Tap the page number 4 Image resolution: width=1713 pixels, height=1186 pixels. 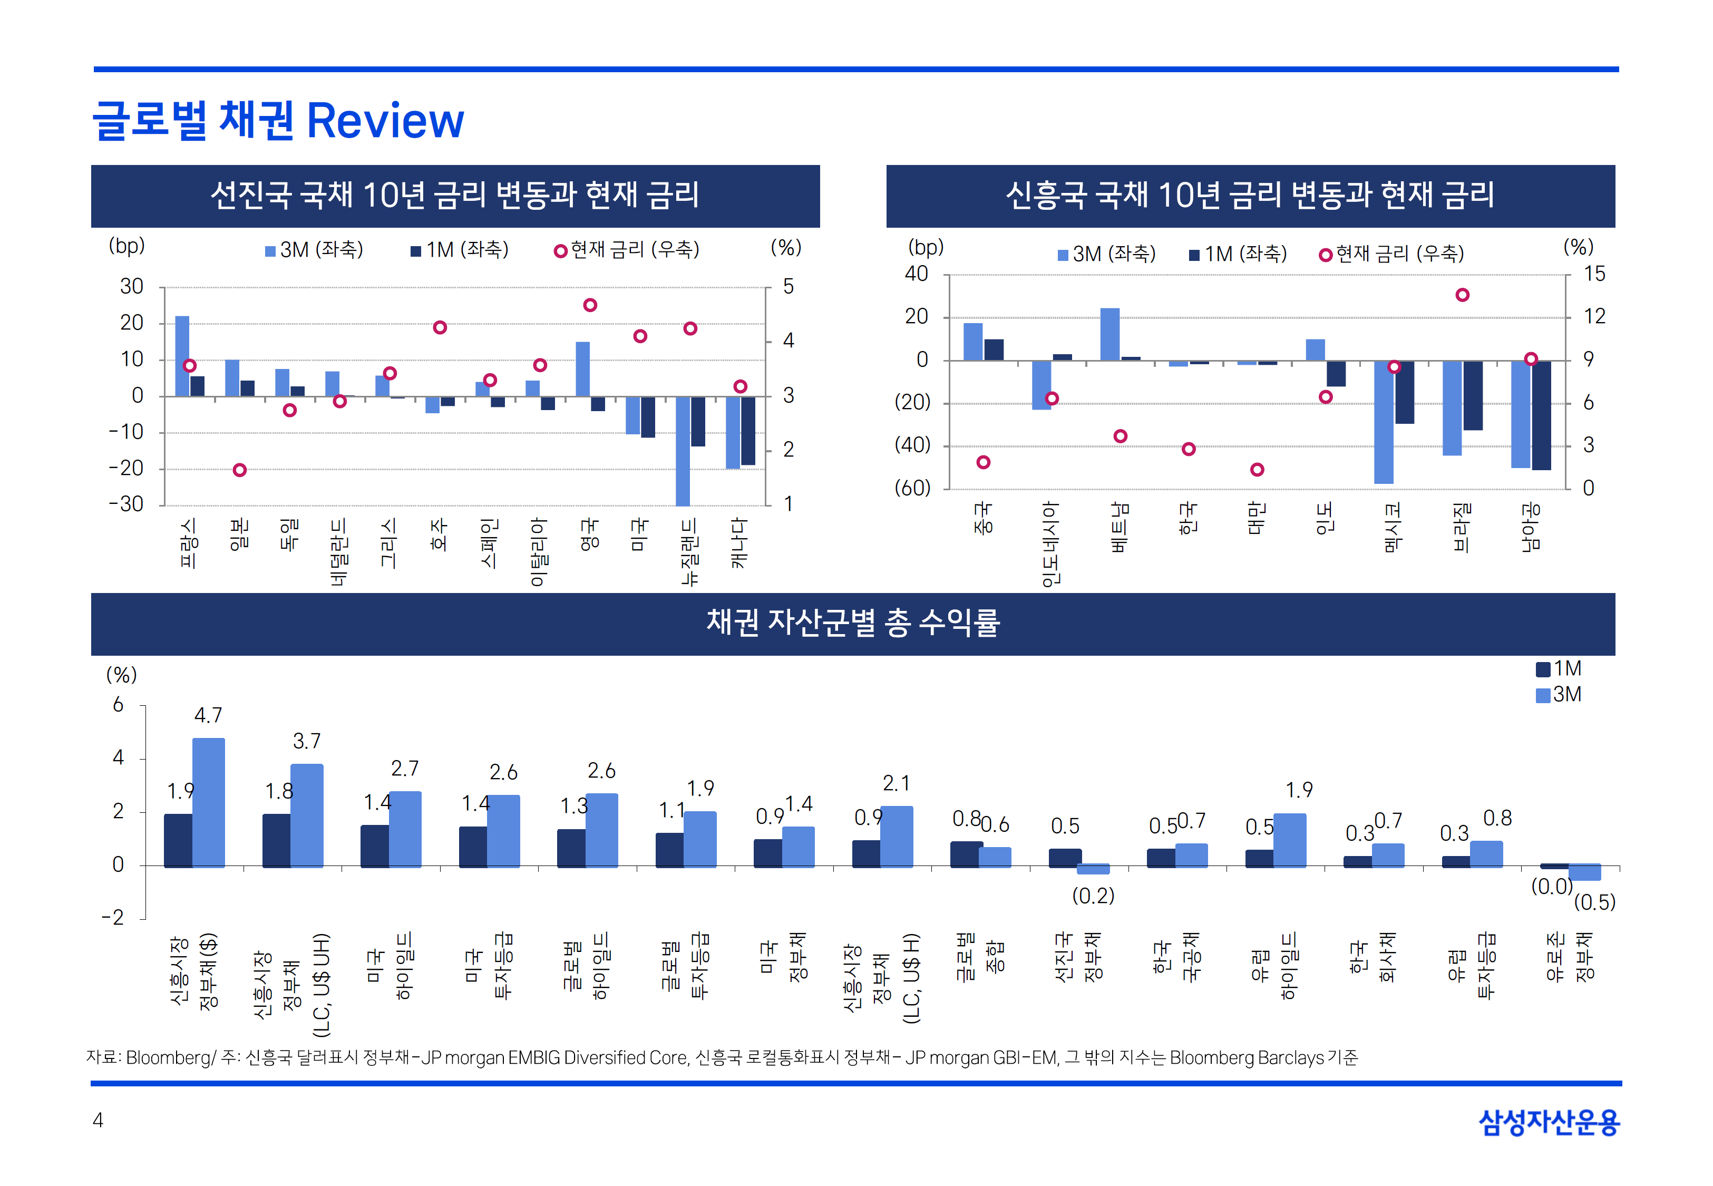pyautogui.click(x=98, y=1121)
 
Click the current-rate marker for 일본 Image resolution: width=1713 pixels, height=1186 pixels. pyautogui.click(x=239, y=470)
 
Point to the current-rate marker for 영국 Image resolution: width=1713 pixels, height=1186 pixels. pyautogui.click(x=590, y=305)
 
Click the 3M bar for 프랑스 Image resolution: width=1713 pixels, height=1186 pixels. pyautogui.click(x=182, y=355)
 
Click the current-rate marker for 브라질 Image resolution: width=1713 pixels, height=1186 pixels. pyautogui.click(x=1462, y=295)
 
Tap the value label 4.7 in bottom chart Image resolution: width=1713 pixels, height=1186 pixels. pyautogui.click(x=208, y=715)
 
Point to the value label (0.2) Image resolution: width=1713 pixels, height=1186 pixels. pyautogui.click(x=1093, y=896)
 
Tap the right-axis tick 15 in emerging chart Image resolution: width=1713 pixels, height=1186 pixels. pyautogui.click(x=1593, y=274)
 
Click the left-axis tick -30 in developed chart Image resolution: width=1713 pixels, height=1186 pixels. pyautogui.click(x=126, y=504)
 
